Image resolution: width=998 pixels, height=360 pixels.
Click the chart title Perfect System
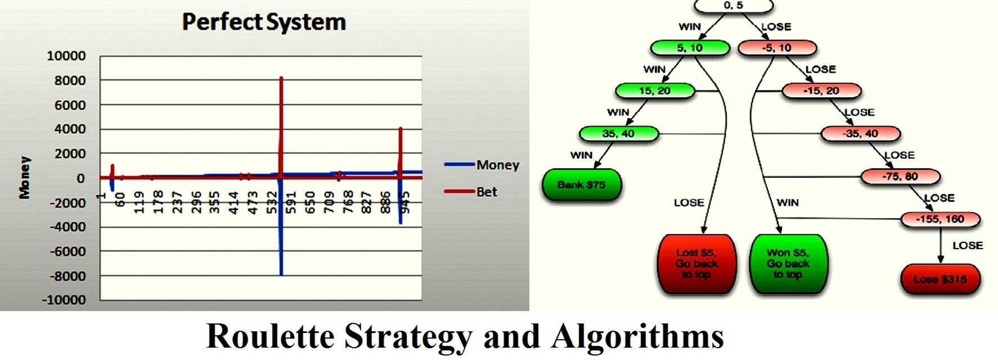pos(264,22)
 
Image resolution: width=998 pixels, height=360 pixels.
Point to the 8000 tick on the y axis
pos(66,80)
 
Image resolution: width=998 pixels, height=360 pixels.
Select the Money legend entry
pos(482,165)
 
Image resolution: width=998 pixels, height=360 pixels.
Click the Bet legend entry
pos(471,192)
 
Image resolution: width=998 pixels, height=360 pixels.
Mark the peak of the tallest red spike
pos(281,78)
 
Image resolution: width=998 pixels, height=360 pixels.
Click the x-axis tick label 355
pos(214,203)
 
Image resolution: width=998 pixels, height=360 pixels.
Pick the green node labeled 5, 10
pos(690,48)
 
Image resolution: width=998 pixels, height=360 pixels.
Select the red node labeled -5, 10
pos(777,48)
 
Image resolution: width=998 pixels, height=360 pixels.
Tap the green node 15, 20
pos(655,91)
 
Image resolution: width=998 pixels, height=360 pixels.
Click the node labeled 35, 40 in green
pos(618,134)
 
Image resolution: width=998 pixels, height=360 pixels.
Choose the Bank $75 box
pos(582,184)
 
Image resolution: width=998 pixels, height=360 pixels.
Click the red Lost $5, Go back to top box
pos(697,264)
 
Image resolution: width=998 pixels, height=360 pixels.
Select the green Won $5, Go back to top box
pos(788,264)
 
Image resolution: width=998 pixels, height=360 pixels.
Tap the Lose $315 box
pos(941,279)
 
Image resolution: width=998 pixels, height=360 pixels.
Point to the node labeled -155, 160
pos(941,219)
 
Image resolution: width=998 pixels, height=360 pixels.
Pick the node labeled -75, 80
pos(901,177)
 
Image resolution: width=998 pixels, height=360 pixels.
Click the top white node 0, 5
pos(734,6)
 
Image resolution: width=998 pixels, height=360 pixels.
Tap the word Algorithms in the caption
pos(637,337)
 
